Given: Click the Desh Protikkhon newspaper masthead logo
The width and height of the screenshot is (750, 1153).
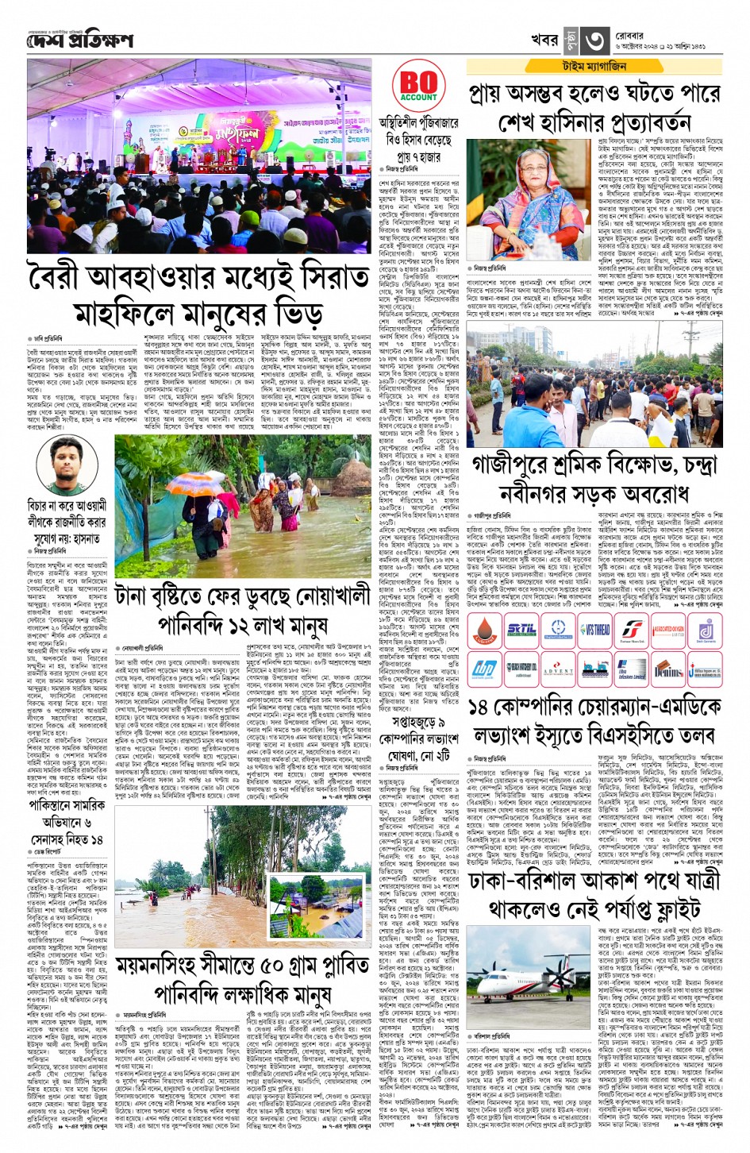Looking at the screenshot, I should click(x=80, y=40).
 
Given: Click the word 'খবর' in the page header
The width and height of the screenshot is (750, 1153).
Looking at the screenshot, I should click(x=545, y=40).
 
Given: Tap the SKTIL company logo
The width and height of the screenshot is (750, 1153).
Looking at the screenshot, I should click(x=521, y=630).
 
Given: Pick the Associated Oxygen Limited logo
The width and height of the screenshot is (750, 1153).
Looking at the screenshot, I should click(x=668, y=630).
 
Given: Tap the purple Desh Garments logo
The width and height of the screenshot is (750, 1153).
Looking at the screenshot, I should click(x=705, y=630).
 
